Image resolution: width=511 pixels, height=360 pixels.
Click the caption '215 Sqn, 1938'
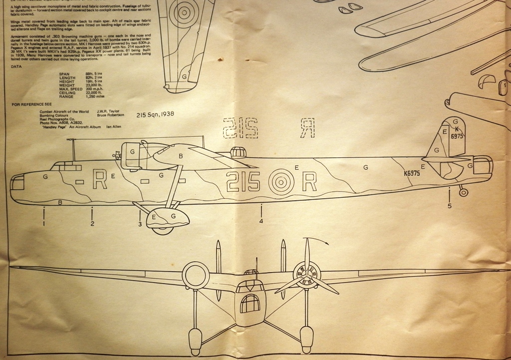tap(155, 114)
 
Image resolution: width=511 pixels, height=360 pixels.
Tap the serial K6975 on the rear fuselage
tap(412, 174)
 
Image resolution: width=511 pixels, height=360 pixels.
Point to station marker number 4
tap(261, 221)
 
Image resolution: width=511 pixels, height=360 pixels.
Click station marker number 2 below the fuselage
tap(92, 224)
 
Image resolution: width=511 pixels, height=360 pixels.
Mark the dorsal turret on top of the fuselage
tap(238, 152)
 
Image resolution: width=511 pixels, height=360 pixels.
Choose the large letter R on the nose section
tap(100, 180)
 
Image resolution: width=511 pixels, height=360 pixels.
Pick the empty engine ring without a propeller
tap(195, 275)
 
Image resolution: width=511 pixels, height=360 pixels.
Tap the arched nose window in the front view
tap(250, 303)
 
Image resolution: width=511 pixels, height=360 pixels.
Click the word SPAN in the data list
tap(64, 74)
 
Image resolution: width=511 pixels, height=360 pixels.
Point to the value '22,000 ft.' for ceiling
tap(95, 93)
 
